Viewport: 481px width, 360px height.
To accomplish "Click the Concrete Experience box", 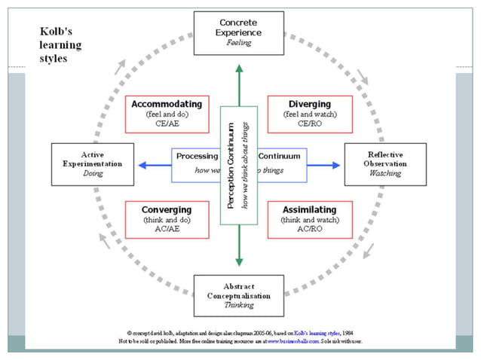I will tap(239, 32).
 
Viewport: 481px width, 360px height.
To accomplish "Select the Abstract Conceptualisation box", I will tap(239, 295).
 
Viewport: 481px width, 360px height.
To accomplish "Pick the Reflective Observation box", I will tap(385, 163).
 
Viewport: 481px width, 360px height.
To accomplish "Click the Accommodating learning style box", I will tap(167, 114).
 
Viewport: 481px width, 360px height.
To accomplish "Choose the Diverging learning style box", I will tap(309, 114).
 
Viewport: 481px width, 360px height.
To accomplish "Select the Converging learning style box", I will tap(167, 218).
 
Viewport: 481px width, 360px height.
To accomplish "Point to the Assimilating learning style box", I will tap(309, 218).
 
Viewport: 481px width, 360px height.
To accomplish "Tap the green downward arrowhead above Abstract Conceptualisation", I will tap(240, 261).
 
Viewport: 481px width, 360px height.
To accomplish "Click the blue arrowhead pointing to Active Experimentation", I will tap(140, 164).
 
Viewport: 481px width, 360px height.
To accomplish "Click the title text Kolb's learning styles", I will tap(60, 45).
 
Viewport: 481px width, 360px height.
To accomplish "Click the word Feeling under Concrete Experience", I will tap(239, 43).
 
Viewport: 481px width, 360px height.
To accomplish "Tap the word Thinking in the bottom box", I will tap(239, 306).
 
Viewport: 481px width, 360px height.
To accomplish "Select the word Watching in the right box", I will tap(385, 173).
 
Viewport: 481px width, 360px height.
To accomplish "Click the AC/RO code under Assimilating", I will tap(309, 228).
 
